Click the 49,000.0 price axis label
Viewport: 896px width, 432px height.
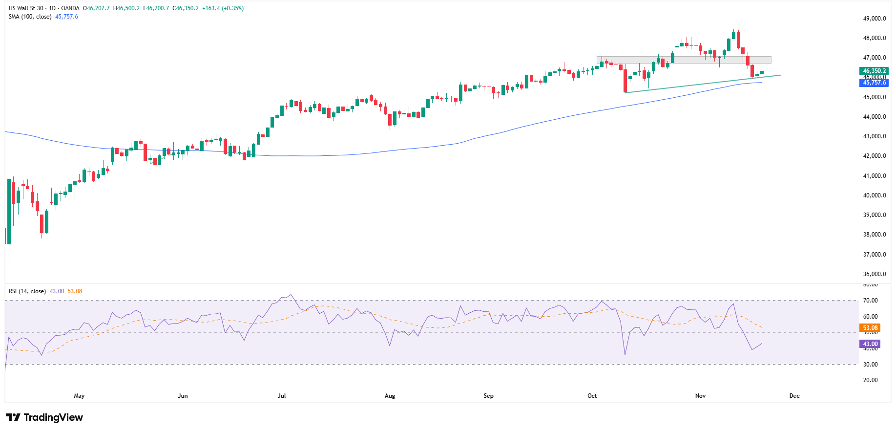(x=874, y=19)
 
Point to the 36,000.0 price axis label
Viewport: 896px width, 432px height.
(x=874, y=274)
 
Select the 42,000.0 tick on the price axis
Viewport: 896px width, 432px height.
(x=874, y=156)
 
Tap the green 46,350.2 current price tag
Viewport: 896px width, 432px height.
(x=874, y=71)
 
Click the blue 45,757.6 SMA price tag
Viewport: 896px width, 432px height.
(x=874, y=83)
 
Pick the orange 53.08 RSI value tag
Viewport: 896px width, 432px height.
(x=870, y=328)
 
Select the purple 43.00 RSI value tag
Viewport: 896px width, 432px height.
(x=870, y=344)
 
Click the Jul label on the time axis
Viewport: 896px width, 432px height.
(x=282, y=396)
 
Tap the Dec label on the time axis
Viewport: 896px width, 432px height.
(x=794, y=396)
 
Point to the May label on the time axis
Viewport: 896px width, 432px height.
(x=79, y=396)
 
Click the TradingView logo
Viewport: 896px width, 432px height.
(x=44, y=417)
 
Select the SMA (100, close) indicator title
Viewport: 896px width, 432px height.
(x=30, y=17)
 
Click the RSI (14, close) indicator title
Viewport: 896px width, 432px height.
(x=27, y=291)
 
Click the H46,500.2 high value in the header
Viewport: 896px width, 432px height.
(x=126, y=8)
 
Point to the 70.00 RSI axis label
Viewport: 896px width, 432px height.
(x=870, y=301)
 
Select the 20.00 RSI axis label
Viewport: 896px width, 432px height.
(x=870, y=380)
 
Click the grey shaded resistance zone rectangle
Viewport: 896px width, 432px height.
(x=684, y=60)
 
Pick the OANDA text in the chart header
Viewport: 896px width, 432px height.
(x=70, y=8)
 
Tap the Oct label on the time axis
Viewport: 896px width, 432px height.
(x=592, y=396)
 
